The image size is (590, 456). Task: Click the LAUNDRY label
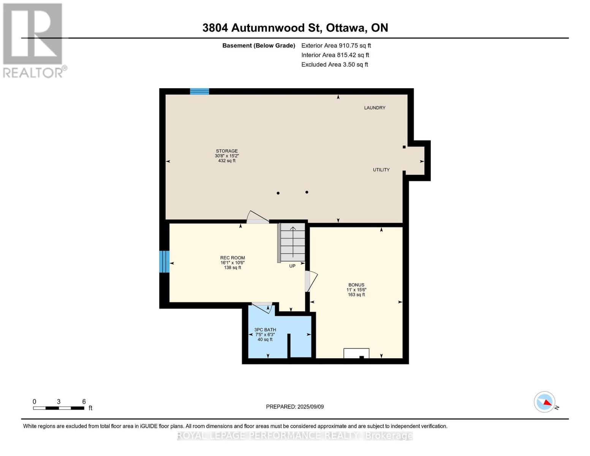[x=375, y=108]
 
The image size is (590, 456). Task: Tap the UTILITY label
[x=381, y=170]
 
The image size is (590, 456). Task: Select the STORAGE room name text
[x=227, y=151]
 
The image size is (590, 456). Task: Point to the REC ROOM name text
[x=233, y=258]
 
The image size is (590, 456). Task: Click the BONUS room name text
[x=356, y=285]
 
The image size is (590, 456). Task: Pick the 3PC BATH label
[x=265, y=330]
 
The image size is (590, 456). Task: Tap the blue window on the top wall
[x=199, y=91]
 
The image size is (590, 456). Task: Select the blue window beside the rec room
[x=164, y=261]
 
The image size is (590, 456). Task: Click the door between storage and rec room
[x=258, y=217]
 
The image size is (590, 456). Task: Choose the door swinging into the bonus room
[x=311, y=281]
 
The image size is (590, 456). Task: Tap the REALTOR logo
[x=34, y=41]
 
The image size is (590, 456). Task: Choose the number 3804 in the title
[x=215, y=28]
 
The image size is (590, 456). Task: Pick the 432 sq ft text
[x=227, y=161]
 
